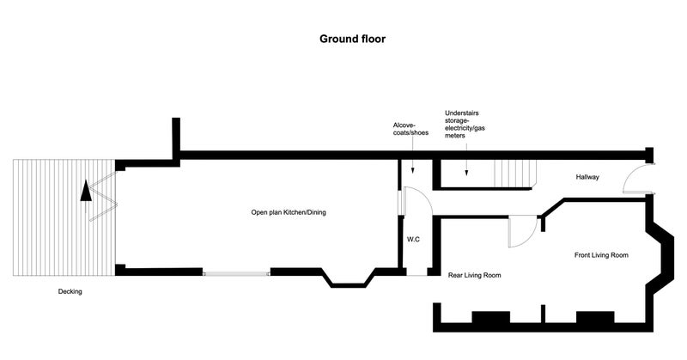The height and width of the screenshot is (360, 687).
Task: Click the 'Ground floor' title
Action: tap(352, 39)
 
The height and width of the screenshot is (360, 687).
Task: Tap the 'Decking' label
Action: tap(70, 291)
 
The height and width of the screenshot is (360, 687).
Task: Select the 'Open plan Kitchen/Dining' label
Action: tap(289, 213)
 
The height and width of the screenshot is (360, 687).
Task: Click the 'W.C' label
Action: tap(413, 240)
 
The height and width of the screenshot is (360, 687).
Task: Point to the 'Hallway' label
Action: tap(587, 177)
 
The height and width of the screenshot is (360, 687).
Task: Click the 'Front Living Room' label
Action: tap(601, 255)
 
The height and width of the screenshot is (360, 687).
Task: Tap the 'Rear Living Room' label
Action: tap(474, 276)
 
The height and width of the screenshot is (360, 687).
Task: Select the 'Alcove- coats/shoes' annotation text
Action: tap(410, 129)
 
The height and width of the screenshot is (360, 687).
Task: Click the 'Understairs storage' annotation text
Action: tap(465, 124)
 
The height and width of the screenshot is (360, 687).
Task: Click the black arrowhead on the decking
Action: tap(86, 192)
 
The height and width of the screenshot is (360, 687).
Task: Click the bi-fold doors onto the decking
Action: tap(103, 196)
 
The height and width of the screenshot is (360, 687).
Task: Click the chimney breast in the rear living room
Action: tap(490, 317)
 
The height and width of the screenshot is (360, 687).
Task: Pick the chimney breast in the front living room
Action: tap(595, 317)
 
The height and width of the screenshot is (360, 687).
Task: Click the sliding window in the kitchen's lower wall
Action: tap(237, 273)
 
